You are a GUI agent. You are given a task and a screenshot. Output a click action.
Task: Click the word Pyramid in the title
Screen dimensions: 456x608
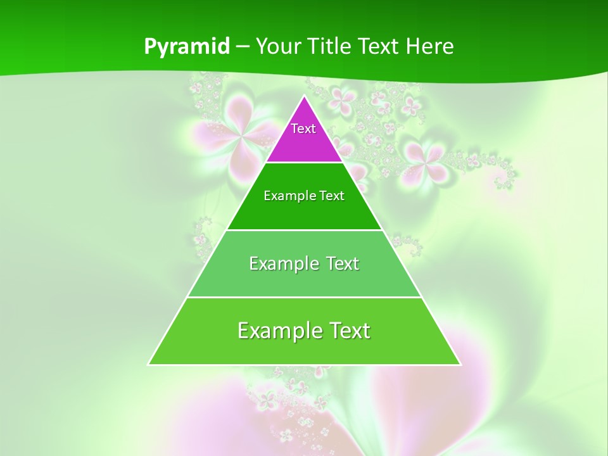point(187,47)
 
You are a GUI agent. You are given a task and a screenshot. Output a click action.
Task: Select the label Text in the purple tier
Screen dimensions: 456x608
point(303,129)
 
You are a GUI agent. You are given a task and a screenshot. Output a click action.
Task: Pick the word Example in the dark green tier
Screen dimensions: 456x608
point(287,196)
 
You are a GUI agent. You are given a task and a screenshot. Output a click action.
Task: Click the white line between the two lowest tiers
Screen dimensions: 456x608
point(304,297)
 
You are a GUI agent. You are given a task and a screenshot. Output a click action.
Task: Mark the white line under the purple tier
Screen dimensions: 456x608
point(304,162)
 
